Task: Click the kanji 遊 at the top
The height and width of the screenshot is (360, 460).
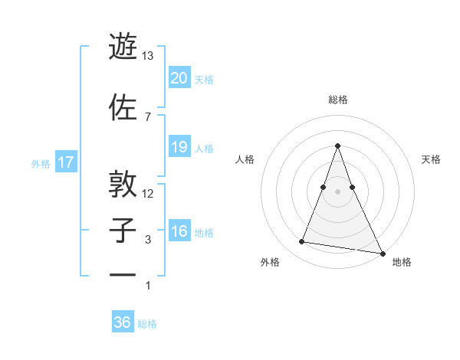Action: pyautogui.click(x=124, y=48)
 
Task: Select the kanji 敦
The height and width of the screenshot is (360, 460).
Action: pyautogui.click(x=124, y=184)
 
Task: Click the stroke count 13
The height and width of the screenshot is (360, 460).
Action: pyautogui.click(x=148, y=56)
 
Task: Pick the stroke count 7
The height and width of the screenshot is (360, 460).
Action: pyautogui.click(x=148, y=116)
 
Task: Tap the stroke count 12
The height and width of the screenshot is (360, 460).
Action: pyautogui.click(x=148, y=193)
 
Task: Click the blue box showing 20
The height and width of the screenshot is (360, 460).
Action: pyautogui.click(x=179, y=78)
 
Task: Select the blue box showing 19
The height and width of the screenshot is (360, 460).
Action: pyautogui.click(x=179, y=147)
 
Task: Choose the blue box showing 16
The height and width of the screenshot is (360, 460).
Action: pyautogui.click(x=179, y=232)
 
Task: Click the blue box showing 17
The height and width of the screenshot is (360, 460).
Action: pyautogui.click(x=65, y=162)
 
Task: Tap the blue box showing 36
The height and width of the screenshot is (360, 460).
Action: pyautogui.click(x=122, y=322)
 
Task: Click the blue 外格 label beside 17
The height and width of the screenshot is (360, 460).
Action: pyautogui.click(x=41, y=163)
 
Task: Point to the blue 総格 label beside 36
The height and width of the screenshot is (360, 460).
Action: pyautogui.click(x=147, y=324)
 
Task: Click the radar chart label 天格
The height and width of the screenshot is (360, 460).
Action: pyautogui.click(x=432, y=159)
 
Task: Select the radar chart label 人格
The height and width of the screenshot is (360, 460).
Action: pyautogui.click(x=245, y=159)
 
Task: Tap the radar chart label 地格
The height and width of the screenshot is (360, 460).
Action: pyautogui.click(x=402, y=262)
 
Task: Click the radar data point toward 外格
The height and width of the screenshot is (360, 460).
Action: pyautogui.click(x=301, y=242)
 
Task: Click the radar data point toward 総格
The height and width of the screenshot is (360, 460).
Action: pyautogui.click(x=337, y=146)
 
